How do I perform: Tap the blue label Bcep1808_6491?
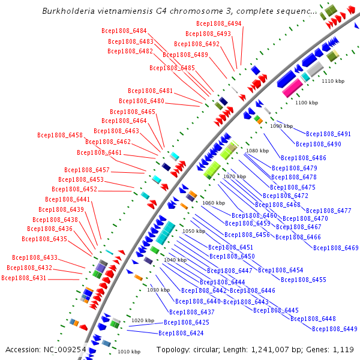click(328, 134)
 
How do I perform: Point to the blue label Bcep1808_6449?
click(334, 328)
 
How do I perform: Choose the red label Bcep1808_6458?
click(59, 136)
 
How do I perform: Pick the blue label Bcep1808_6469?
click(335, 248)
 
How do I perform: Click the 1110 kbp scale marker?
click(333, 80)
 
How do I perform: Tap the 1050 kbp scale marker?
click(193, 231)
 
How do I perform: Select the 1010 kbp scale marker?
click(129, 352)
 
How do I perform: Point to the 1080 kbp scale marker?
click(257, 151)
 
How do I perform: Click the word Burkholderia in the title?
click(69, 11)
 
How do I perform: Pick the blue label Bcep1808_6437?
click(191, 312)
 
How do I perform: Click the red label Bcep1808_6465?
click(133, 112)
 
